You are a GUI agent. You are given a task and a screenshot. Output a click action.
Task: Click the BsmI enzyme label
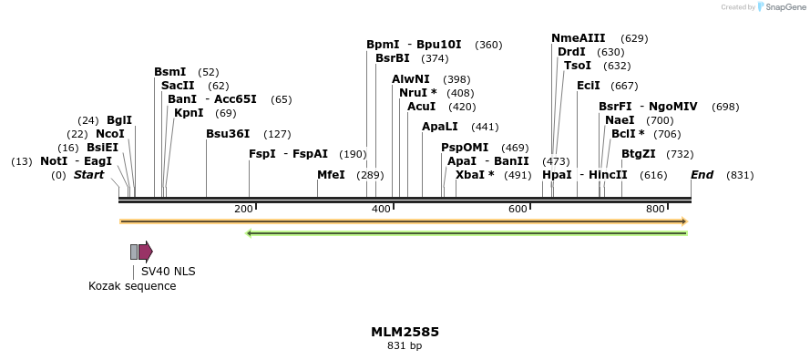tap(169, 72)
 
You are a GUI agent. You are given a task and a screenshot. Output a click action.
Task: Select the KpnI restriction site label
tap(189, 113)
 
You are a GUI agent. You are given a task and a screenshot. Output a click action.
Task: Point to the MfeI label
tap(331, 175)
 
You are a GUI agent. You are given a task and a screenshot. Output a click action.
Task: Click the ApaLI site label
tap(440, 127)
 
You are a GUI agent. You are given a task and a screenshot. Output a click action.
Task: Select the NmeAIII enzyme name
tap(578, 38)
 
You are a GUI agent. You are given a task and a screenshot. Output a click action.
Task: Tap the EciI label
tap(589, 86)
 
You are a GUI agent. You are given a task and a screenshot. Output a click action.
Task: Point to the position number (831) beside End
tap(740, 175)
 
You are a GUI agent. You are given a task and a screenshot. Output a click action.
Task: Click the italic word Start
tap(88, 175)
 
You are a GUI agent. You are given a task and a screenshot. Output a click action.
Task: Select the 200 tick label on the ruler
tap(243, 210)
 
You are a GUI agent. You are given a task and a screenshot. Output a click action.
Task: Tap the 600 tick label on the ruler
tap(518, 210)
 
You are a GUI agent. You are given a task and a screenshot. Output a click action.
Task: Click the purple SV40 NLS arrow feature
tap(146, 252)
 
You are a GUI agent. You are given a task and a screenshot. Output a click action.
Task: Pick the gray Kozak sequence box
tap(134, 252)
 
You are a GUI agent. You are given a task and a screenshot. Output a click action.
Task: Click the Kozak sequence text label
tap(132, 286)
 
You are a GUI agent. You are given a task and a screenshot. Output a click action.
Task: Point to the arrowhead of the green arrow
tap(251, 233)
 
